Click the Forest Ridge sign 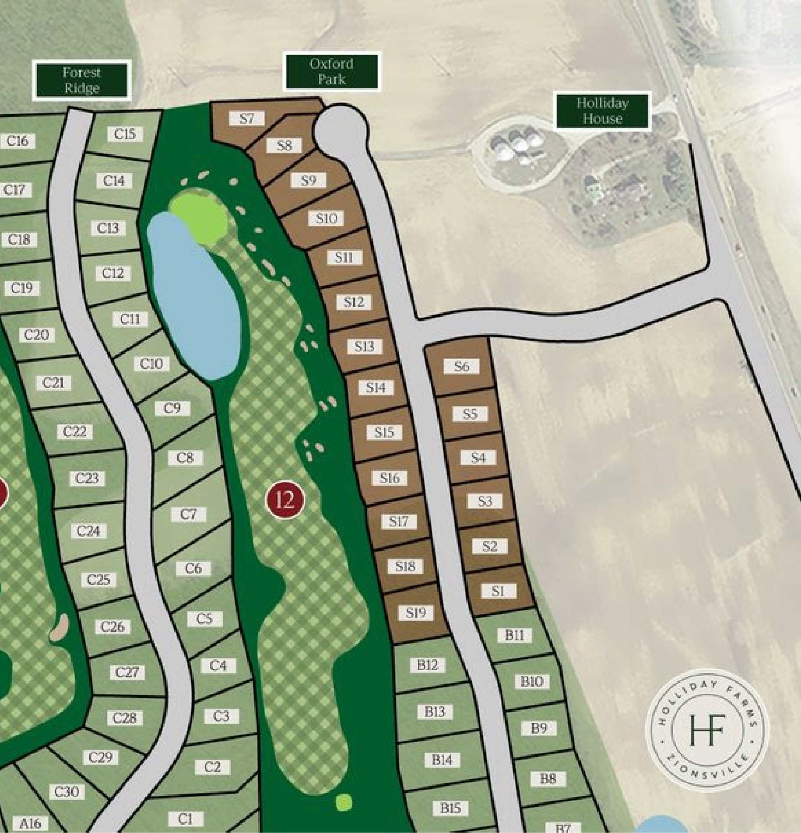coord(82,80)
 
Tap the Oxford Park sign coord(331,71)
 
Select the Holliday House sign coord(602,111)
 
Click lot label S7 coord(247,118)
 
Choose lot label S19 coord(415,612)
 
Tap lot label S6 coord(461,366)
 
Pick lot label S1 coord(498,591)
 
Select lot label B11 coord(514,635)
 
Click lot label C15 coord(125,134)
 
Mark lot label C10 coord(151,363)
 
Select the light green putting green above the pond coord(200,216)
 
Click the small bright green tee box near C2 coord(344,802)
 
